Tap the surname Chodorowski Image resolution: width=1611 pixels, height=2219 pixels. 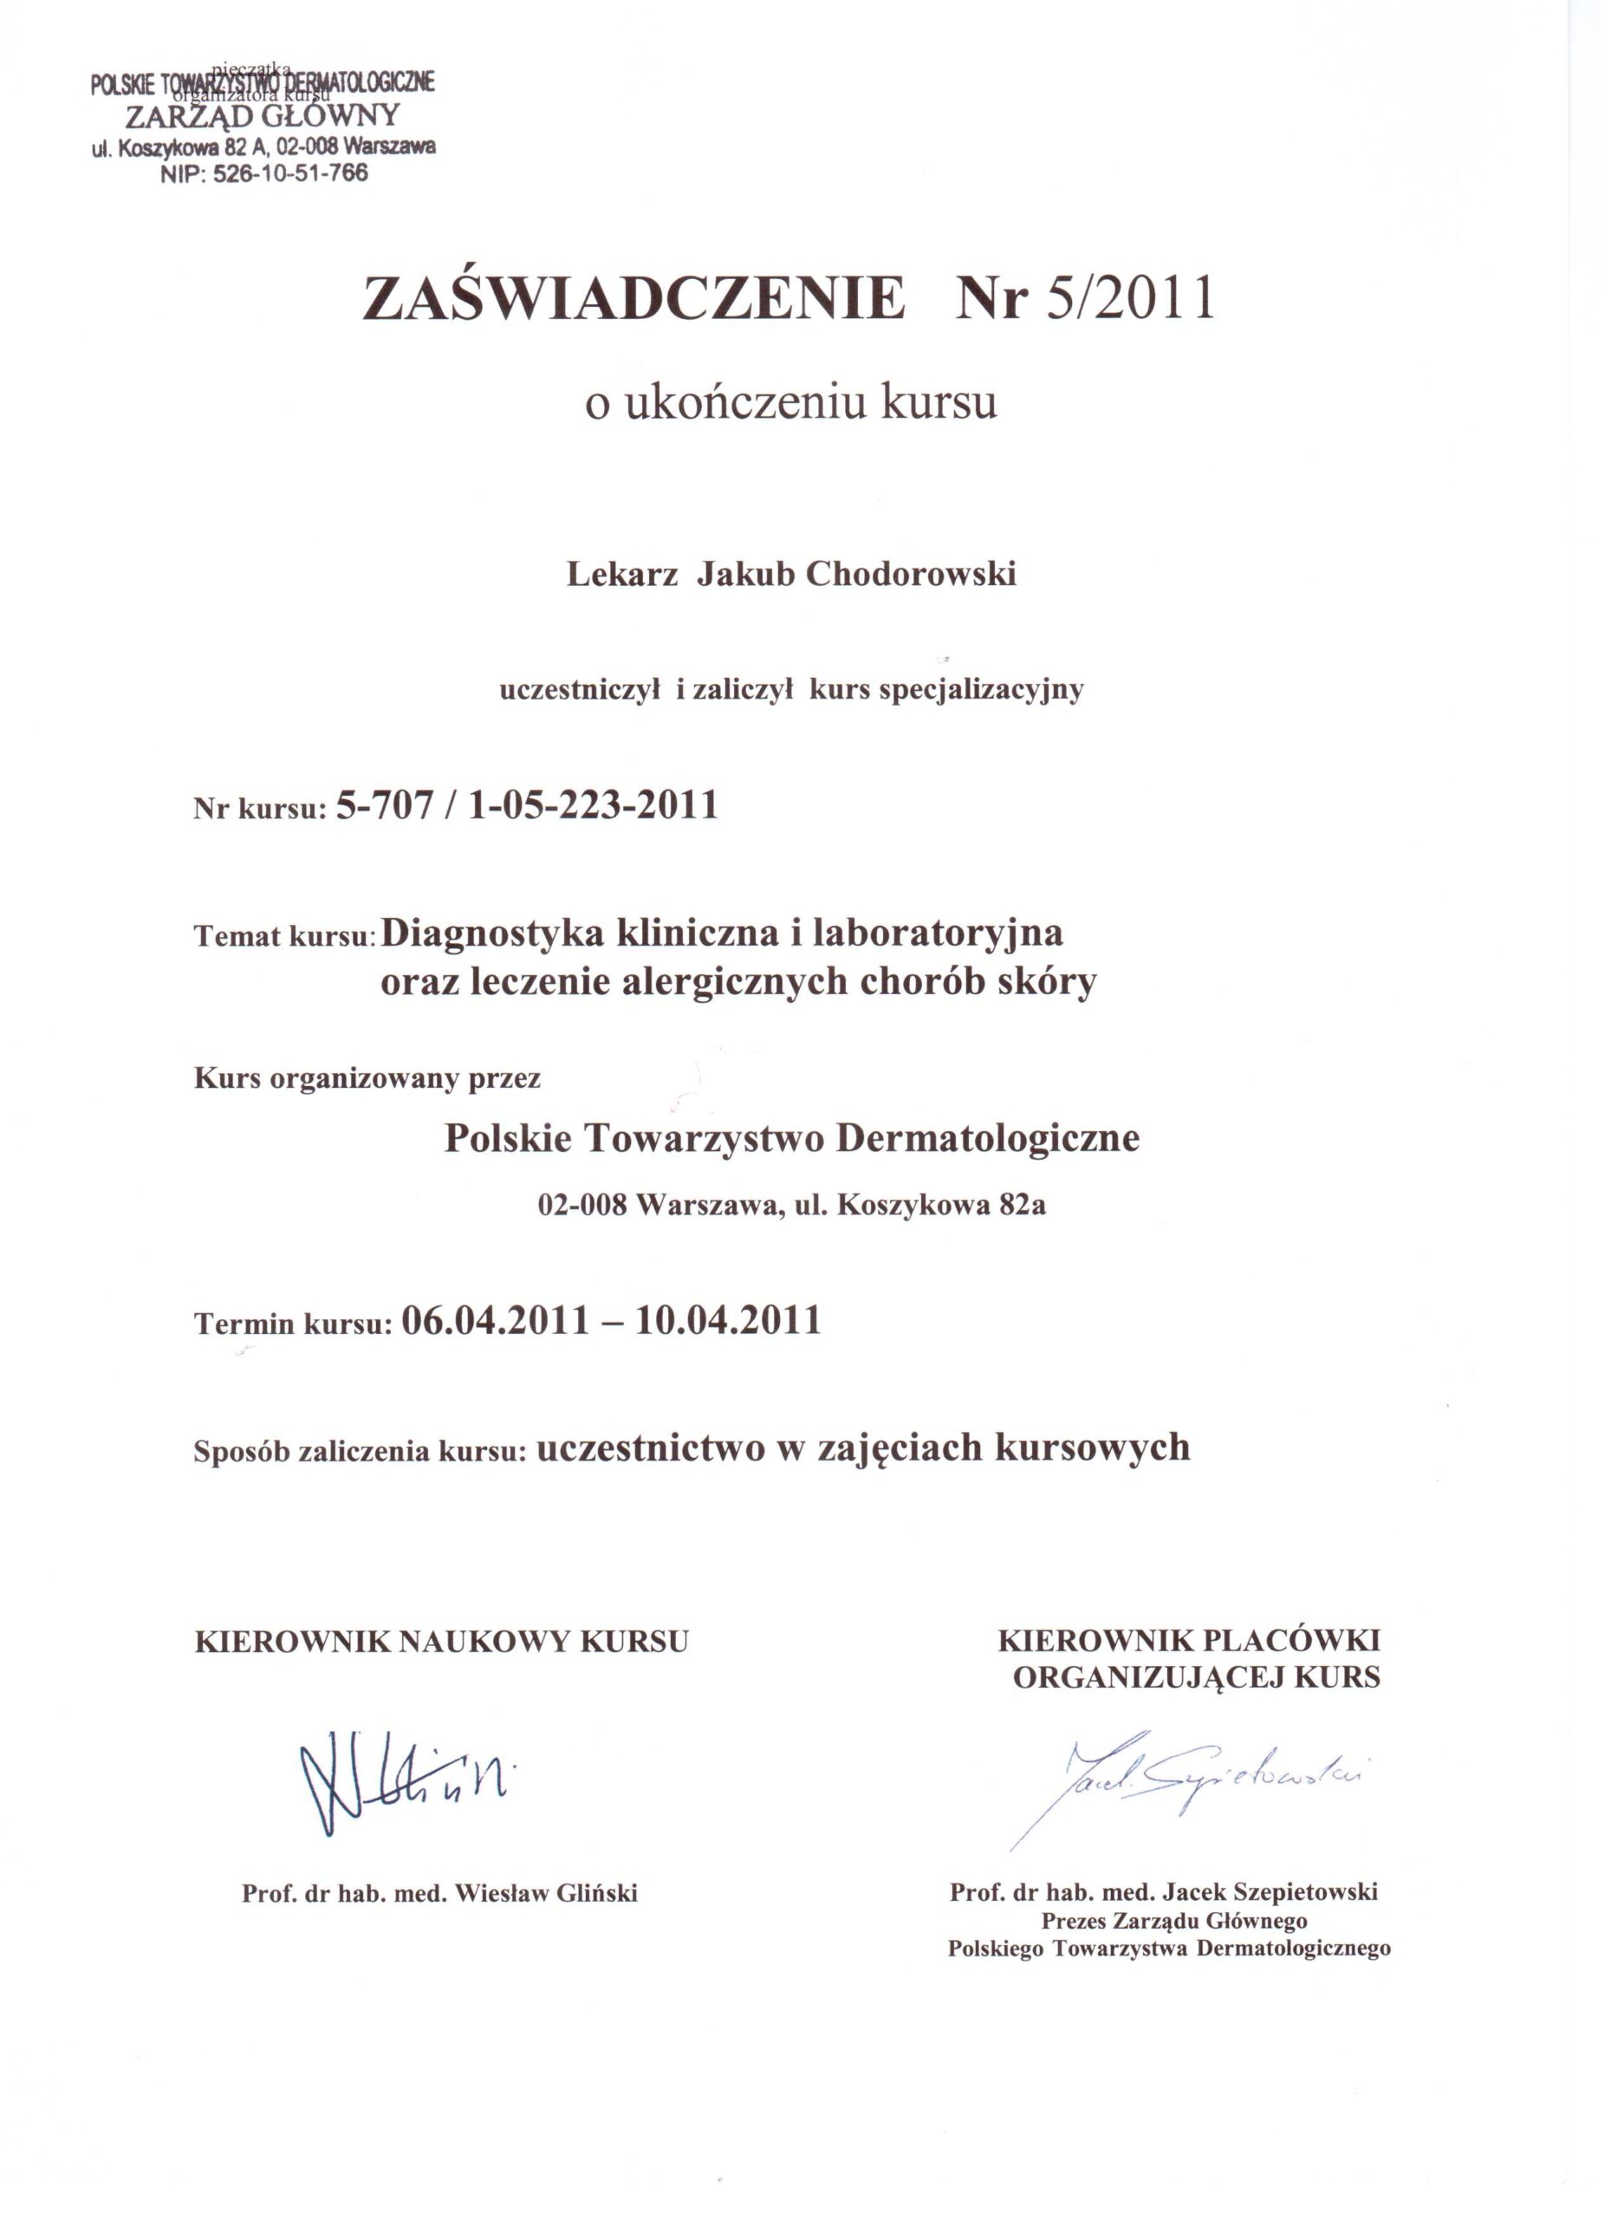pyautogui.click(x=911, y=575)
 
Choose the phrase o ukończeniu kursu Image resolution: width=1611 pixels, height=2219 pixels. pyautogui.click(x=790, y=402)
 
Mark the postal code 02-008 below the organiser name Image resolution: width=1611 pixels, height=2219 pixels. pyautogui.click(x=583, y=1206)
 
